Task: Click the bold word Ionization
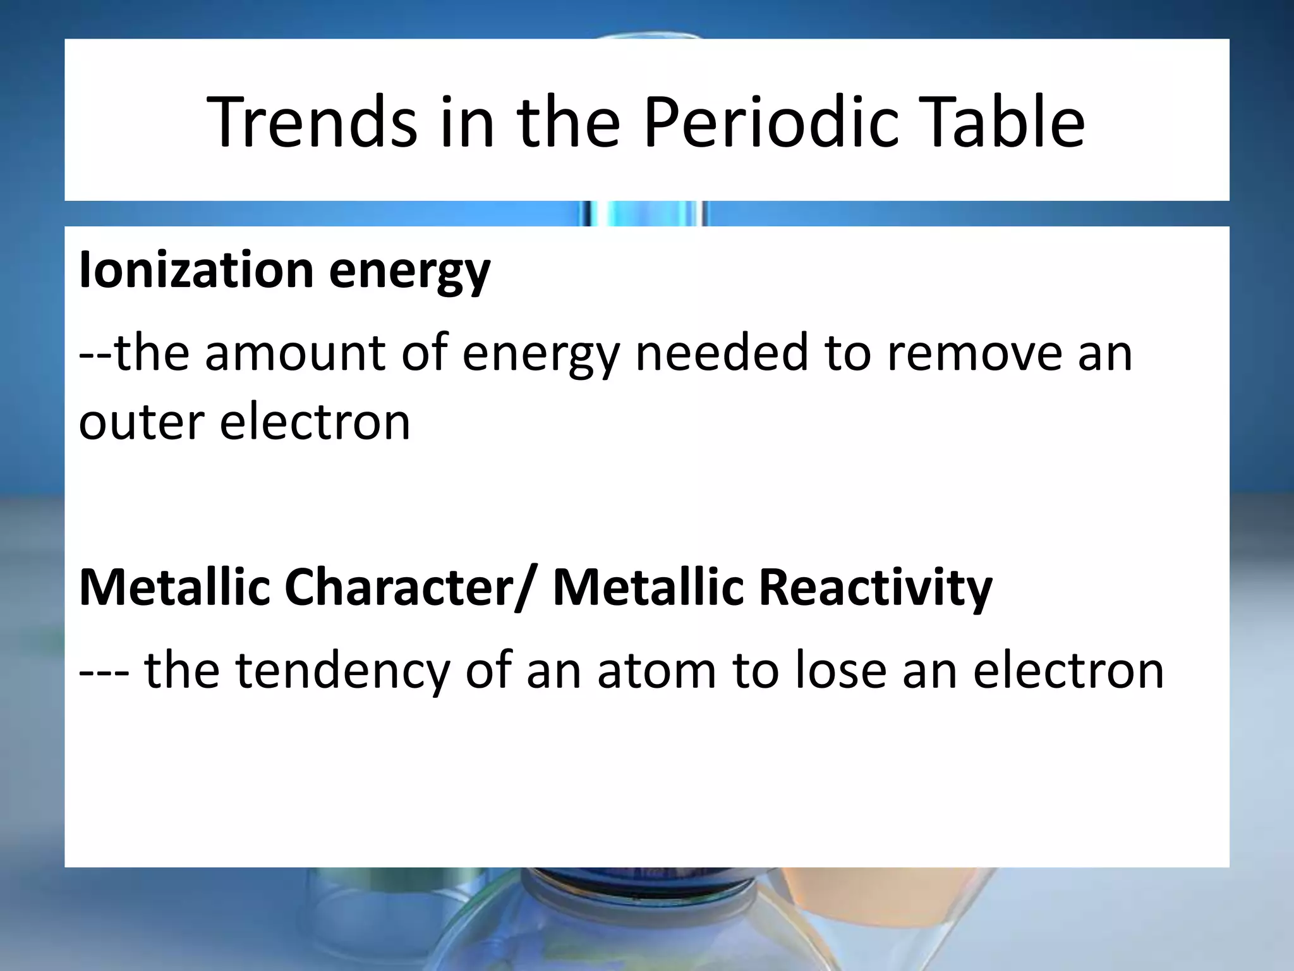(196, 270)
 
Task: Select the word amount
(295, 353)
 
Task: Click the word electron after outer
(315, 422)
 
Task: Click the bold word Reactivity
(875, 589)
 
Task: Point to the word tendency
(342, 671)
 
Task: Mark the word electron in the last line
(1068, 671)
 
